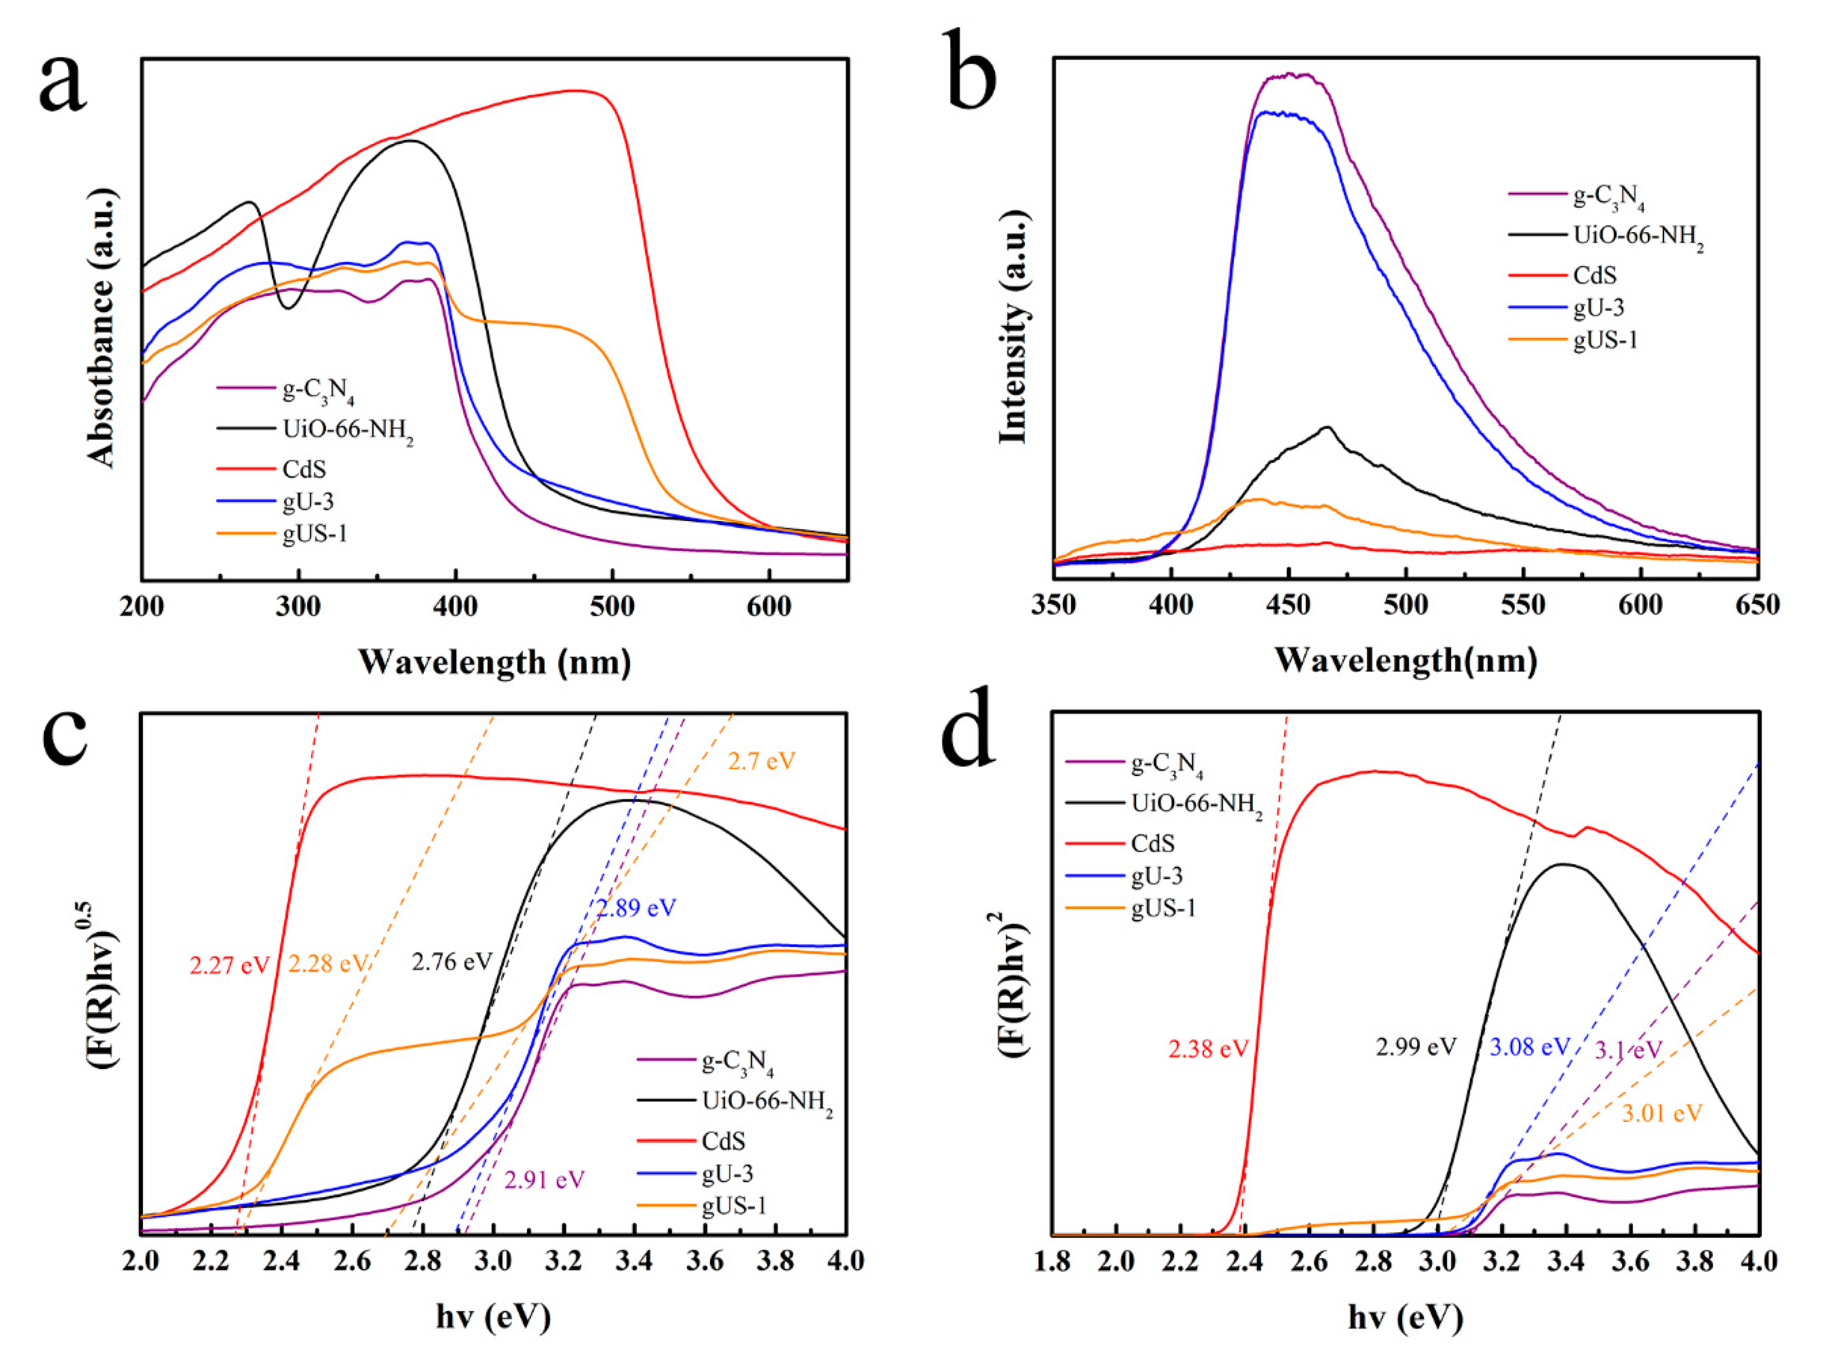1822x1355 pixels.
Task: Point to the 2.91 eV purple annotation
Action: tap(544, 1180)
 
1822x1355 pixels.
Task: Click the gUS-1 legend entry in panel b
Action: tap(1605, 340)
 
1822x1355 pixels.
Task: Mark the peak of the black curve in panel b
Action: tap(1326, 427)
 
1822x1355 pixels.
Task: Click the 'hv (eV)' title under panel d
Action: tap(1405, 1318)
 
